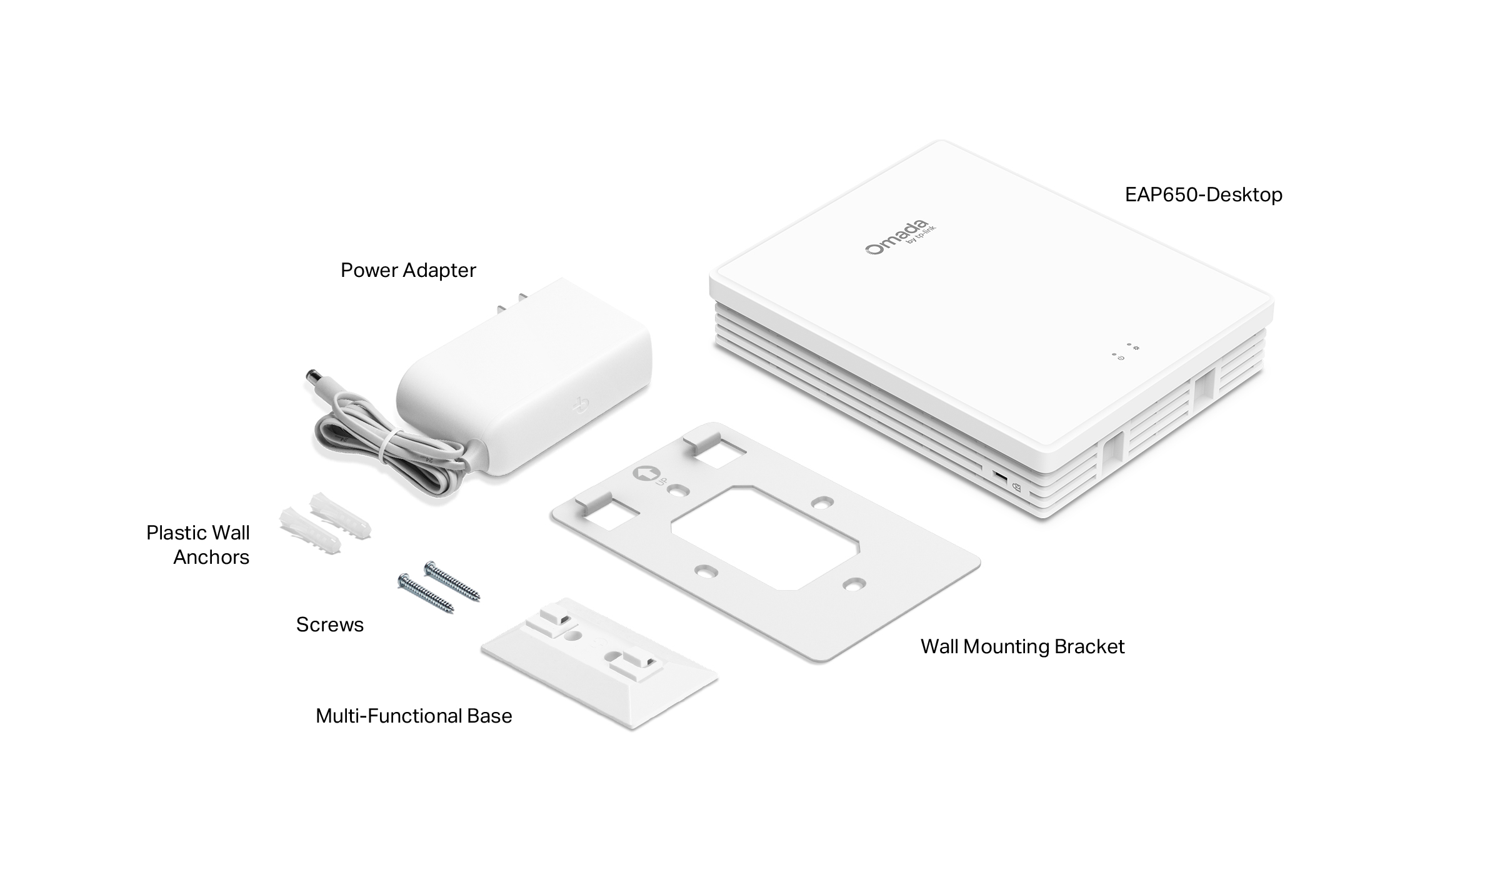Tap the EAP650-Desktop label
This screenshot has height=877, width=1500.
point(1203,195)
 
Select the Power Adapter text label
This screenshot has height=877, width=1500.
point(408,271)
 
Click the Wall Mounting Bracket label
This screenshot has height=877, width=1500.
point(1022,646)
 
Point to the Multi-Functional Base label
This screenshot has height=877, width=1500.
point(414,716)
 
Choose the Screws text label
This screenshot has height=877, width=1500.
point(330,624)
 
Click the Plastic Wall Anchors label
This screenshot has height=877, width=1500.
point(198,544)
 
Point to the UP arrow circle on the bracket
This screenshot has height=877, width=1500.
point(642,473)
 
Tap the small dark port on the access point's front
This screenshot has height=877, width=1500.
point(999,478)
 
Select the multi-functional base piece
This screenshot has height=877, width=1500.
point(599,663)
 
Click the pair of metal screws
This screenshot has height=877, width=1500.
point(439,586)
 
